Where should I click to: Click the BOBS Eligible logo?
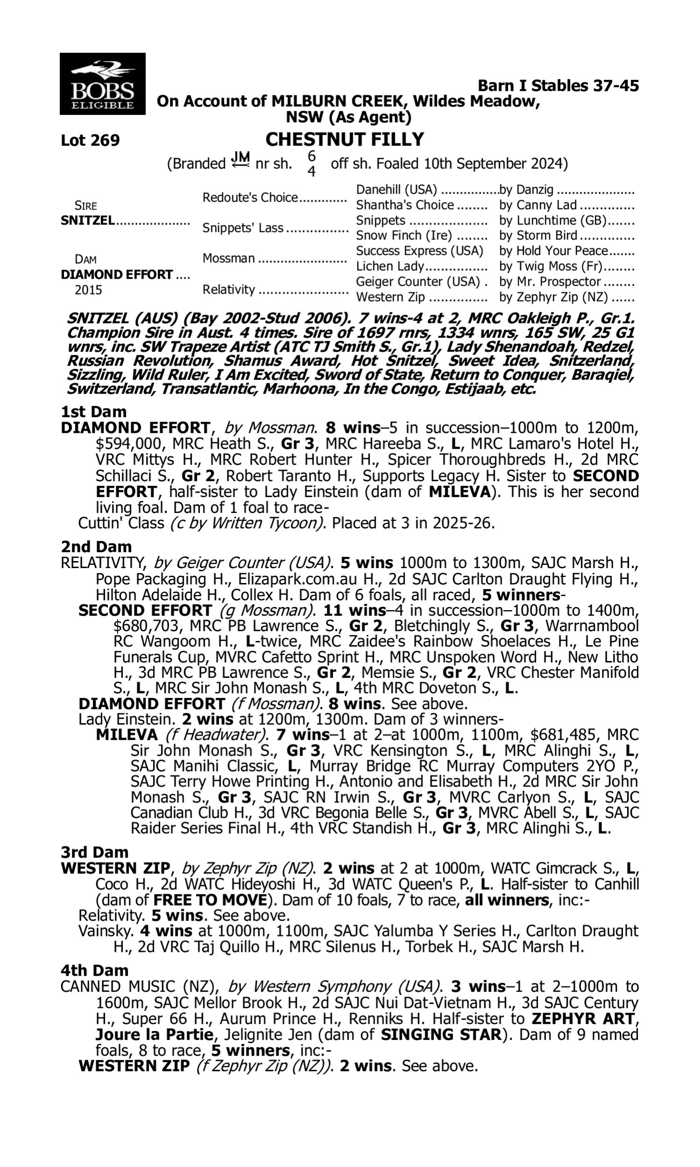click(102, 84)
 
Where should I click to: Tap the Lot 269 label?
click(90, 140)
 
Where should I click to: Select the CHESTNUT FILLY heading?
click(344, 139)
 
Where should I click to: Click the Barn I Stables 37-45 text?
click(558, 85)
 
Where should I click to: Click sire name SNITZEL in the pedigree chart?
click(88, 220)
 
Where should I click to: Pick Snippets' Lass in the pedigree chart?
click(243, 228)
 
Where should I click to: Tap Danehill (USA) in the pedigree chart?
click(396, 190)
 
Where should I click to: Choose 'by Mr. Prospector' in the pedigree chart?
click(550, 281)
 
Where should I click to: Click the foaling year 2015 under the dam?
click(88, 289)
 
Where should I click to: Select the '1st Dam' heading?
click(93, 412)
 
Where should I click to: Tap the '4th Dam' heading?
click(94, 970)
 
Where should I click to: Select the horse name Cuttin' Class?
click(121, 523)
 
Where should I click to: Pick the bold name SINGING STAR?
click(440, 1035)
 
